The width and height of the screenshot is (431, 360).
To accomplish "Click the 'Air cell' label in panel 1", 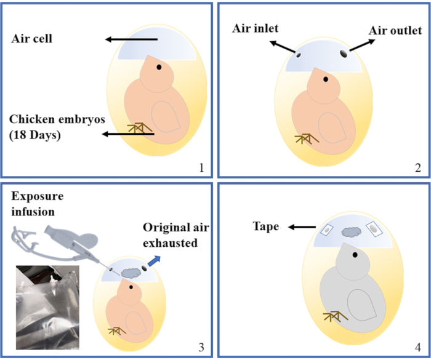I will pyautogui.click(x=32, y=39).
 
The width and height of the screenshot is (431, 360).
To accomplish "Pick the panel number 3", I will pyautogui.click(x=199, y=346).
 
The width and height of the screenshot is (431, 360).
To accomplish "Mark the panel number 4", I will pyautogui.click(x=417, y=346).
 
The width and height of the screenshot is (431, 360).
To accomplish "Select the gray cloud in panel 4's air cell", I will pyautogui.click(x=351, y=232).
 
